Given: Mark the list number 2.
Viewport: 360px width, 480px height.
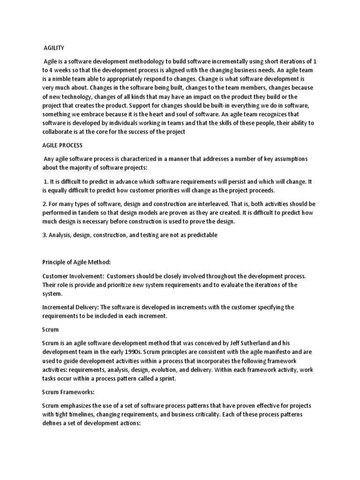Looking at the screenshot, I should click(44, 204).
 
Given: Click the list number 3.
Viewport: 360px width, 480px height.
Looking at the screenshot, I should click(44, 235).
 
